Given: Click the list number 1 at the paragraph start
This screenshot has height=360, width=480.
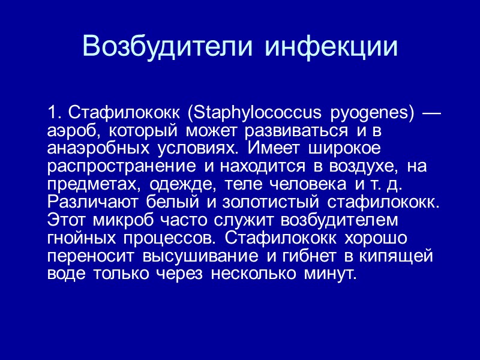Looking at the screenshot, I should pos(54,112).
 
